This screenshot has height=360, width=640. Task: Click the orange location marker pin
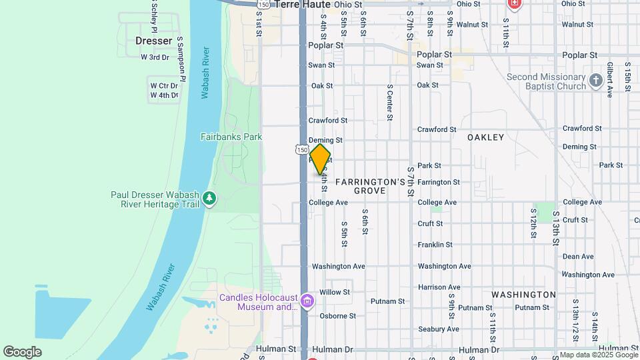pos(321,159)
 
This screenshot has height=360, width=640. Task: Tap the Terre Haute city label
pos(304,4)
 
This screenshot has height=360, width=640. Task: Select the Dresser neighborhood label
pos(153,41)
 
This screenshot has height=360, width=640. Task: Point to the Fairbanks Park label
pos(231,137)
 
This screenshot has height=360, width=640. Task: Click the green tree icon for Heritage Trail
pos(210,198)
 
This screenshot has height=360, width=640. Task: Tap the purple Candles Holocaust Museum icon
pos(307,302)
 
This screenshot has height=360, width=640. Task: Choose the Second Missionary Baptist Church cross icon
pos(595,81)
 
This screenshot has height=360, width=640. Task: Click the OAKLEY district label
pos(485,137)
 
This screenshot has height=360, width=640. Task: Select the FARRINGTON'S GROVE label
pos(370,186)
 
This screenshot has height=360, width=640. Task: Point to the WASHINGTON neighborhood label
pos(523,294)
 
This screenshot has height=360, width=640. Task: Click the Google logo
pos(22,352)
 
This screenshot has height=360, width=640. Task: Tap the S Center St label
pos(389,103)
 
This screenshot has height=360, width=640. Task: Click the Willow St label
pos(335,292)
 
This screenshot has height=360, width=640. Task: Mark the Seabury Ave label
pos(438,329)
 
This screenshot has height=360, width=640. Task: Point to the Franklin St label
pos(435,245)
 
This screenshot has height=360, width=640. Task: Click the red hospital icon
pos(514,5)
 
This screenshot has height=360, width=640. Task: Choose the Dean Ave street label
pos(578,256)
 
